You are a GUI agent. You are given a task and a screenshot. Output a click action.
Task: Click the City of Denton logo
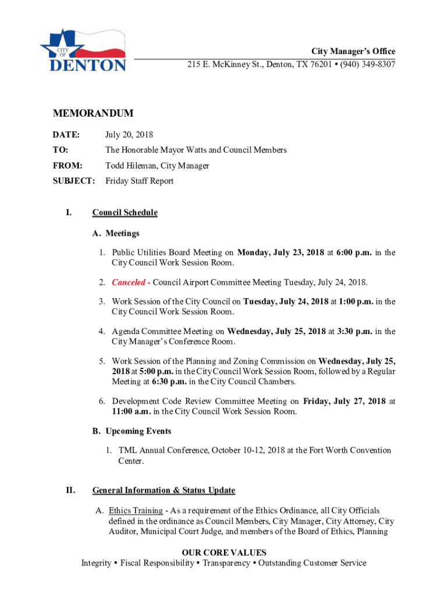[83, 50]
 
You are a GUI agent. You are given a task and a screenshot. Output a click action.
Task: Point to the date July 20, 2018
[129, 135]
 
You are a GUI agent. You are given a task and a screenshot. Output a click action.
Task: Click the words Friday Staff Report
[139, 181]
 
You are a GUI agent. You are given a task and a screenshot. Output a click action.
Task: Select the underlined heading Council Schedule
[125, 213]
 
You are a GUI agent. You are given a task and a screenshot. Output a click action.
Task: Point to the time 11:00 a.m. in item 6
[133, 411]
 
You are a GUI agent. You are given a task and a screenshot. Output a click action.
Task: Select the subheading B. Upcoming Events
[131, 431]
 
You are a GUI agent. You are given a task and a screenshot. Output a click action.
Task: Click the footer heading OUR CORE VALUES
[224, 553]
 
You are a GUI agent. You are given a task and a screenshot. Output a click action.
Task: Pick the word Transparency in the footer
[225, 563]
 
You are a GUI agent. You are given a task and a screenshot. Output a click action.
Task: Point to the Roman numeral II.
[70, 490]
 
